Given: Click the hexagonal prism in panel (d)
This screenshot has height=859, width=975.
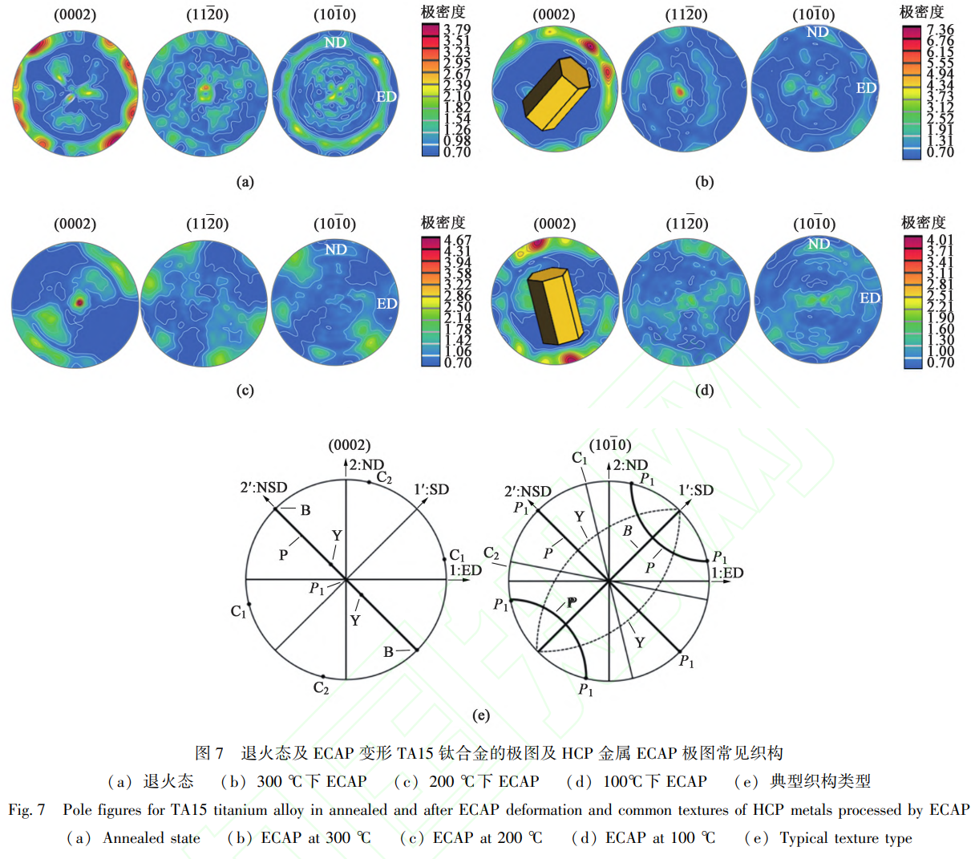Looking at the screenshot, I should (549, 306).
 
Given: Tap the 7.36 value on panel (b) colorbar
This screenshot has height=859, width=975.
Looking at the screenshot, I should (940, 30).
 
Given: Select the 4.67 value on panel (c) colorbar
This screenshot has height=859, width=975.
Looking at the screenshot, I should (458, 240).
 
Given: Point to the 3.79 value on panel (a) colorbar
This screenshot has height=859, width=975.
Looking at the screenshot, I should (457, 30).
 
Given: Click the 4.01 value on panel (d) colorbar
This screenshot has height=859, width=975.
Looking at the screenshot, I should (940, 240).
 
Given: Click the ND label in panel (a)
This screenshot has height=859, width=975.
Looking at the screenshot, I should (335, 42).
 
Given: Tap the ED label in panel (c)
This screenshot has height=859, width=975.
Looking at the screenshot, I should (386, 303).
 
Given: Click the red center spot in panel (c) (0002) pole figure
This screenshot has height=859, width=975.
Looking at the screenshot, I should (79, 302).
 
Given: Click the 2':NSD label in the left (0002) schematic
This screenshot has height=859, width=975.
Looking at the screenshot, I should (263, 488).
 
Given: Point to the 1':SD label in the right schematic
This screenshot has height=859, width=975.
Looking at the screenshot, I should (695, 490).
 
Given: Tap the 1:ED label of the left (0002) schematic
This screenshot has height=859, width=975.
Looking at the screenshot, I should (465, 570).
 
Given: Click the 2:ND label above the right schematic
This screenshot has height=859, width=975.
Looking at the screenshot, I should (630, 465).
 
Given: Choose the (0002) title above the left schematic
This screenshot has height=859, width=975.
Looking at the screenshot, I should (349, 445).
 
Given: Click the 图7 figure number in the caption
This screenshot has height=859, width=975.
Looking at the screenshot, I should (210, 753).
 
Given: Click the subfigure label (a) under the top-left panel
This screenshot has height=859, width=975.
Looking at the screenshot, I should (245, 182).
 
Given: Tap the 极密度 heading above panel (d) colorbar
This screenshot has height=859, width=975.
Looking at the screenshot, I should (923, 222).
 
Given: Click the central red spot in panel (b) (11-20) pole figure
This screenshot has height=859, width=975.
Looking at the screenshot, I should (679, 91).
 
